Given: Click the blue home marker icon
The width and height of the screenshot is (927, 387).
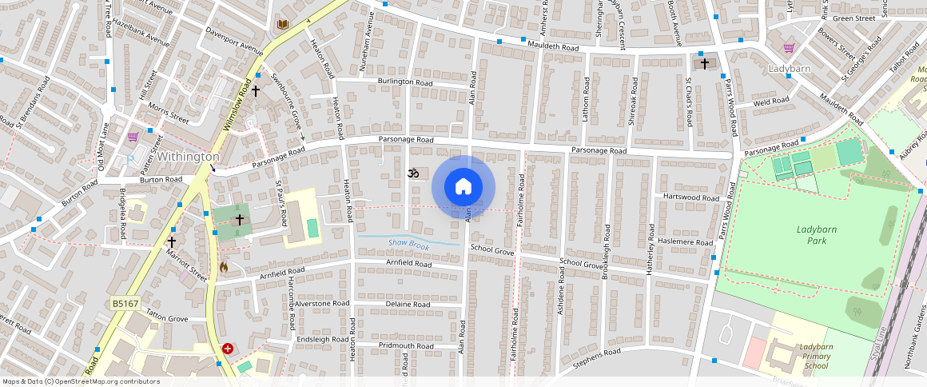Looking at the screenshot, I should (x=463, y=187).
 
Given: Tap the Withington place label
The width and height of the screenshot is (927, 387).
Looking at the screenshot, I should (x=188, y=157).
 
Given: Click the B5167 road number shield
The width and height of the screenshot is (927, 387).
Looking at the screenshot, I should (x=125, y=304).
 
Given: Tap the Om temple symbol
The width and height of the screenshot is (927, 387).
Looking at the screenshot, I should (x=413, y=173).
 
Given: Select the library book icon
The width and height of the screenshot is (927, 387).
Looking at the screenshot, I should (x=282, y=25).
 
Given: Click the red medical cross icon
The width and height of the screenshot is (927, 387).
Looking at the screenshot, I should (x=228, y=349).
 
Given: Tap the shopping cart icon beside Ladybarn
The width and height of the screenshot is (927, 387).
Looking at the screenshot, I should (x=789, y=48).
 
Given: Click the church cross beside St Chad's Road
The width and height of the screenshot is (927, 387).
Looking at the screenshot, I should (x=704, y=63).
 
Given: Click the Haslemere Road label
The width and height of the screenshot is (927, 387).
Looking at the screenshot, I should (x=683, y=242).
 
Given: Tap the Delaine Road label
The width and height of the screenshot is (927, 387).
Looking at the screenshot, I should (x=408, y=305).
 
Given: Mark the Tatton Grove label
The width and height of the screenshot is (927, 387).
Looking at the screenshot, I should (x=167, y=318).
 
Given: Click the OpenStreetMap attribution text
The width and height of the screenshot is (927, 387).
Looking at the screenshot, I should (x=82, y=381).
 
